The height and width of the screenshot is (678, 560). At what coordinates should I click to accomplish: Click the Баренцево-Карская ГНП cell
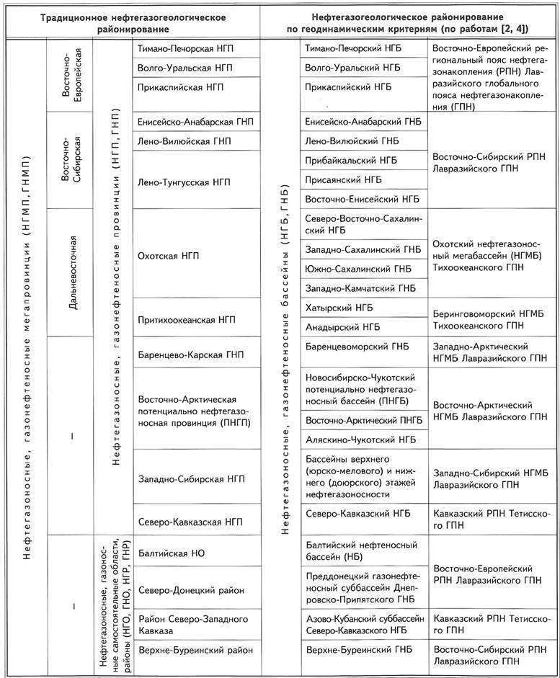coord(190,354)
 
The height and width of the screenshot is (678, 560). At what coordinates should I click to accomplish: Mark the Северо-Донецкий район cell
coord(190,590)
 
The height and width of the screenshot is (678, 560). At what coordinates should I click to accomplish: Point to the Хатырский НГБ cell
coord(342,308)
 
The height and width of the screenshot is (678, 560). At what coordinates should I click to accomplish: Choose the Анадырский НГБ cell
coord(344,326)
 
